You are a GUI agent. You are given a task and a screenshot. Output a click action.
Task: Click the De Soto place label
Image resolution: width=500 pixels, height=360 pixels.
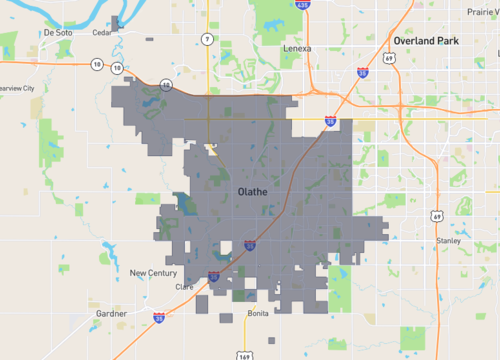pos(58,32)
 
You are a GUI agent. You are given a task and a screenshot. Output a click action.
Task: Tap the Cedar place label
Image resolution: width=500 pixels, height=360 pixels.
pos(101,31)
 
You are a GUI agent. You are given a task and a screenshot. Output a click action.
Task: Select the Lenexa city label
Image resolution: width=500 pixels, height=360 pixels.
pos(297,48)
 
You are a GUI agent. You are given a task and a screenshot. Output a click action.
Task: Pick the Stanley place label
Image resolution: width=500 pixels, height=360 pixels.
pos(447,242)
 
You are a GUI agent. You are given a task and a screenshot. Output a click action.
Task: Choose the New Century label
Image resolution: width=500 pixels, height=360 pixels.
pos(153,273)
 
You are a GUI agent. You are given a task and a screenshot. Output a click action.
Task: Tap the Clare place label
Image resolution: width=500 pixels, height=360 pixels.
pos(184,287)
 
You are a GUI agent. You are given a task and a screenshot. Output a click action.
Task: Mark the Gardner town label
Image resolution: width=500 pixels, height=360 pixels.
pos(111,313)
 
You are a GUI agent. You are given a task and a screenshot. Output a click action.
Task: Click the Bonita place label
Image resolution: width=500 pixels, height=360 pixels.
pos(258,314)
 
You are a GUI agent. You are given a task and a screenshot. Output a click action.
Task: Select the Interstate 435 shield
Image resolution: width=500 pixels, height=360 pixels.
pos(309,4)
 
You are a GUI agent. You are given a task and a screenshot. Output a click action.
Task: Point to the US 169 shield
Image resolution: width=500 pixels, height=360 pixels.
pos(245,354)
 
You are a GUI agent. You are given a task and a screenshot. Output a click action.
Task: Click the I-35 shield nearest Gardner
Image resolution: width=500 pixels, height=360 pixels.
pos(159,318)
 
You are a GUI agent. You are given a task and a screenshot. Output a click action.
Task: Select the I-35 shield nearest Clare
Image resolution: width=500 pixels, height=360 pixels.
pos(213,277)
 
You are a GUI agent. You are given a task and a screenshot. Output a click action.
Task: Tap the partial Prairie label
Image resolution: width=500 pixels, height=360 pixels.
pos(484,12)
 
